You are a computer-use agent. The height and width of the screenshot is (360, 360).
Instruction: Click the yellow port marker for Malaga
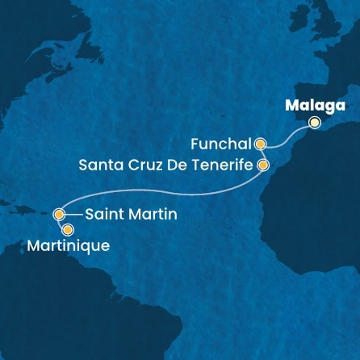coord(315,123)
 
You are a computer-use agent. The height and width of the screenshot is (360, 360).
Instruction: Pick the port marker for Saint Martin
coord(58,215)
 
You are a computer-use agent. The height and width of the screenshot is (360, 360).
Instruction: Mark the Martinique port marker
coord(57,230)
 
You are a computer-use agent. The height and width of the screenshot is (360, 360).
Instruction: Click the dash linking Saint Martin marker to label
coord(72,215)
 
